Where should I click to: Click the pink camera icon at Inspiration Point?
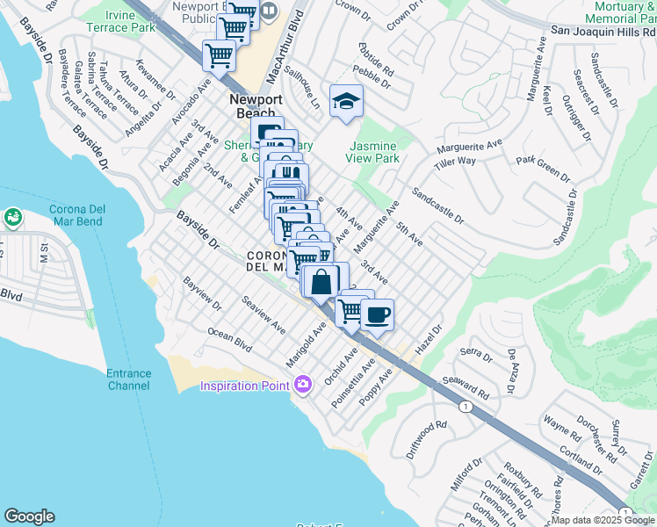(x=303, y=385)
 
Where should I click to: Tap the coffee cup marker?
(x=377, y=315)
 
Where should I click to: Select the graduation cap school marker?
(x=346, y=102)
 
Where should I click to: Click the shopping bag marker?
(x=321, y=283)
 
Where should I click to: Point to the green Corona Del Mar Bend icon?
(x=12, y=217)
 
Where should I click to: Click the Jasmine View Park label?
(x=375, y=152)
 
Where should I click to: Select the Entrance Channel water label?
(x=129, y=379)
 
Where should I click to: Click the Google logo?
(x=29, y=516)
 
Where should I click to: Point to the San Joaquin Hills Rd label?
(x=603, y=29)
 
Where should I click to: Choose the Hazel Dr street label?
(x=428, y=338)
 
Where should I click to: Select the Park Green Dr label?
(x=543, y=166)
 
